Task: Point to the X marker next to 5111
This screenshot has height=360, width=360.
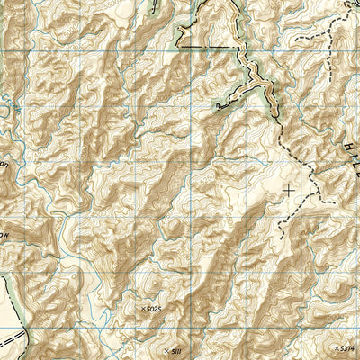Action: (166, 349)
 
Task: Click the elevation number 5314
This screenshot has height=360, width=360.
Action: (346, 347)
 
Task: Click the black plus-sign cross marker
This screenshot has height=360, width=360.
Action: (288, 189)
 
